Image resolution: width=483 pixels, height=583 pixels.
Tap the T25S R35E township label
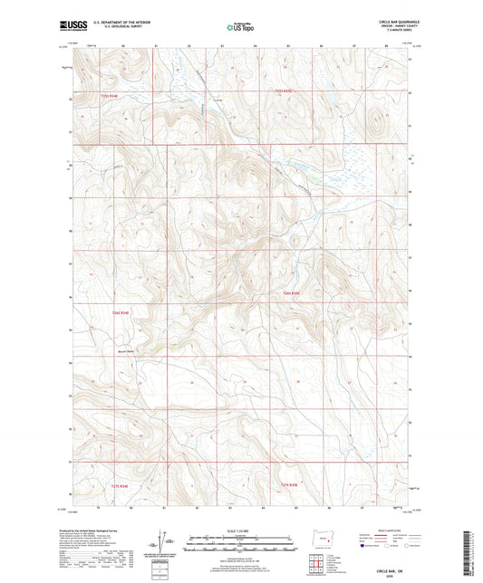pyautogui.click(x=285, y=91)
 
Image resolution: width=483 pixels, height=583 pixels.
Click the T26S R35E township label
pyautogui.click(x=290, y=294)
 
